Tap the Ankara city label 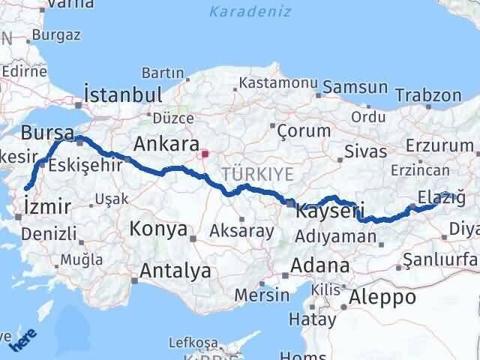click(165, 143)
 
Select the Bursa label click(47, 133)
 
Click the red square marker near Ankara click(203, 154)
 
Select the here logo click(22, 342)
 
